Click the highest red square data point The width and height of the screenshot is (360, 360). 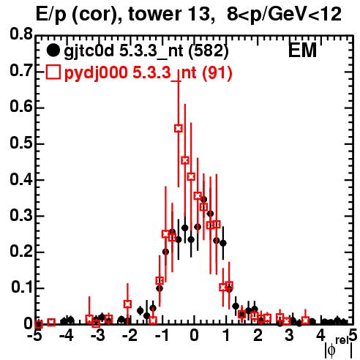[x=179, y=128]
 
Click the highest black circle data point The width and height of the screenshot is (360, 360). [x=204, y=200]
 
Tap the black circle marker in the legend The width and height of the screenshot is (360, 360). [x=53, y=50]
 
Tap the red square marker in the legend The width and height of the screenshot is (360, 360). [x=53, y=72]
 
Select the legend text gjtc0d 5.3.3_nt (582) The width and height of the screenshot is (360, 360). [x=146, y=50]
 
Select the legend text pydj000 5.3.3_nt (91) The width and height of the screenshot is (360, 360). [x=149, y=72]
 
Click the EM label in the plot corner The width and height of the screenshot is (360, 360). [x=302, y=50]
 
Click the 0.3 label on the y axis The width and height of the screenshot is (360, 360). [x=21, y=215]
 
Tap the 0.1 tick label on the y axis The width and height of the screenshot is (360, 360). [x=21, y=288]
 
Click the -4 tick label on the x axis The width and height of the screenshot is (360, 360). [x=66, y=336]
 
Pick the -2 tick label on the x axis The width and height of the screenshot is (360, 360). [x=130, y=336]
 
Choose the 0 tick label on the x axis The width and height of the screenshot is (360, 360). [x=194, y=336]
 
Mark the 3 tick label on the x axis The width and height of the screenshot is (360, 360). [x=289, y=336]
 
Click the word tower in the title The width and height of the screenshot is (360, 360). [x=151, y=14]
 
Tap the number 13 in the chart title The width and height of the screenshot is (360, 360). [x=200, y=14]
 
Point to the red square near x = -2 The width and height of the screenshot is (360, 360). [x=127, y=304]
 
